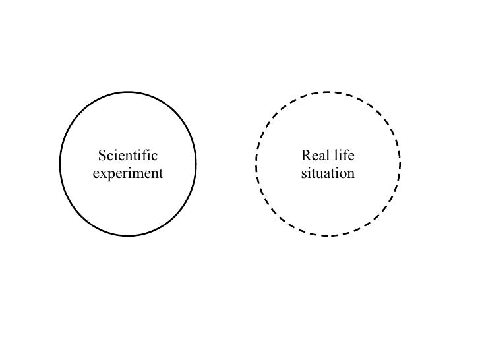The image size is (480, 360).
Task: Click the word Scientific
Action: [x=128, y=156]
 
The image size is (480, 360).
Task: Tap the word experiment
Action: [x=128, y=174]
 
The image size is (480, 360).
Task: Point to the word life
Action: [x=344, y=156]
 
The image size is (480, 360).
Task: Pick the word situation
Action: [x=328, y=174]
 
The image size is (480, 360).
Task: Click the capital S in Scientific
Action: [x=102, y=156]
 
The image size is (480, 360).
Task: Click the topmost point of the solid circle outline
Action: [x=128, y=91]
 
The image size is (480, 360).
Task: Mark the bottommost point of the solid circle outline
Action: [x=128, y=235]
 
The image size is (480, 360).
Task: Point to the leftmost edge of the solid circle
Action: [x=60, y=164]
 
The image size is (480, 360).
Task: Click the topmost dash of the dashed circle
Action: [x=328, y=92]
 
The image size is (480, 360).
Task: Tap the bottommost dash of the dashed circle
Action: [x=328, y=235]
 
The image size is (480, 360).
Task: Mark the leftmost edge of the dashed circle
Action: [x=256, y=164]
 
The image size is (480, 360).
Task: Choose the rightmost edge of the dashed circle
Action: [x=400, y=164]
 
